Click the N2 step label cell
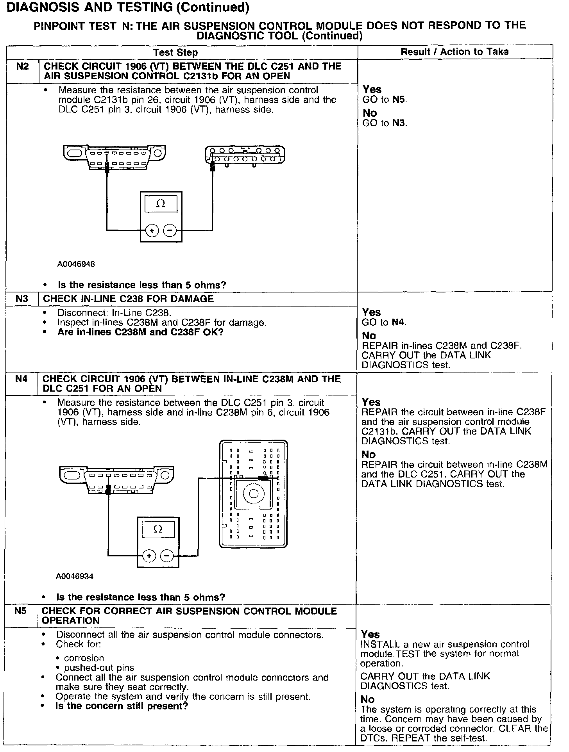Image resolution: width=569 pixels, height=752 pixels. [x=23, y=66]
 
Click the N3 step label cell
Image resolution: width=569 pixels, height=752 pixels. [x=22, y=299]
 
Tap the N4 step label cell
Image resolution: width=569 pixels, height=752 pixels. [x=21, y=379]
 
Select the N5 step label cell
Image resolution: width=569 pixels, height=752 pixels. [x=20, y=611]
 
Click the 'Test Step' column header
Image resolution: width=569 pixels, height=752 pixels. [x=175, y=52]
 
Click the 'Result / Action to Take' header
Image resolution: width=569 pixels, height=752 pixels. [x=454, y=52]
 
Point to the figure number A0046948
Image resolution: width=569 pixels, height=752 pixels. [x=76, y=264]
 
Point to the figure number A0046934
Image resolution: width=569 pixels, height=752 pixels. [x=75, y=576]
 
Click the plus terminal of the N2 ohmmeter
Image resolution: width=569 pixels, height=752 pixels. [x=152, y=230]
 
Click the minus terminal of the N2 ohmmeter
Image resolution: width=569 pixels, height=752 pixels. [x=169, y=230]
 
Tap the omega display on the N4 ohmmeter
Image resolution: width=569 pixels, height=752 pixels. [x=157, y=529]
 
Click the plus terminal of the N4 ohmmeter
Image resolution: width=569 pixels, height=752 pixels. [x=149, y=555]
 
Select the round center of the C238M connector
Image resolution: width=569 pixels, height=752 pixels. [x=253, y=494]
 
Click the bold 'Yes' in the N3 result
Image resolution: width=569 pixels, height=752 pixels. [x=371, y=312]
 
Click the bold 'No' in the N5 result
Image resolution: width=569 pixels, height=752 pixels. [x=367, y=699]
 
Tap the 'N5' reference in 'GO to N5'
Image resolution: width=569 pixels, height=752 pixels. [x=399, y=100]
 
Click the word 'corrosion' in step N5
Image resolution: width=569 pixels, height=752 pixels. [x=79, y=658]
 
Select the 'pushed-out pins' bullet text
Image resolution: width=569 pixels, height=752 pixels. [x=99, y=668]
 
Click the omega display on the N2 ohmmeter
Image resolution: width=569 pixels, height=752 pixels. [x=161, y=204]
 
